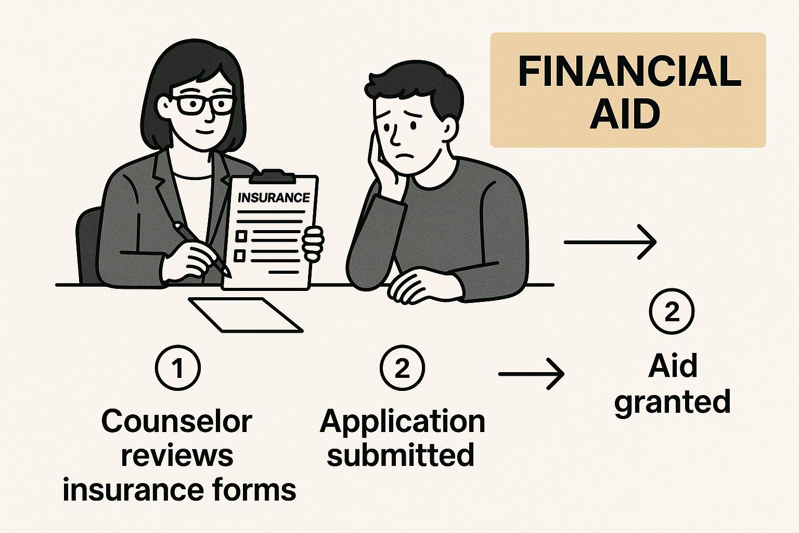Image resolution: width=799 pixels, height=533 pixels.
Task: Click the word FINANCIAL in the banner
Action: (629, 71)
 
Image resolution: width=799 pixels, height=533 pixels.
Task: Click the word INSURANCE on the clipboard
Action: (274, 197)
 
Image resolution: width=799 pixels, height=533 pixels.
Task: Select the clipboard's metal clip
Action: (273, 176)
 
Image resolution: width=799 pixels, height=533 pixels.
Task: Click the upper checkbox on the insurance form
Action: (241, 236)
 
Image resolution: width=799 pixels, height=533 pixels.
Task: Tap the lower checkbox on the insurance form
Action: (240, 255)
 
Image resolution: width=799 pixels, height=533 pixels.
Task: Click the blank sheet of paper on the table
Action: (246, 315)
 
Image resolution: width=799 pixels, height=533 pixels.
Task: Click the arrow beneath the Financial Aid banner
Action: (610, 242)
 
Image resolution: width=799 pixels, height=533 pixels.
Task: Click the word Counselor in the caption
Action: (177, 422)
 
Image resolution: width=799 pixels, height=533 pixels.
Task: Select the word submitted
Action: (401, 454)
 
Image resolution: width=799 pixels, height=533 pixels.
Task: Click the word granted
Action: (673, 402)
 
